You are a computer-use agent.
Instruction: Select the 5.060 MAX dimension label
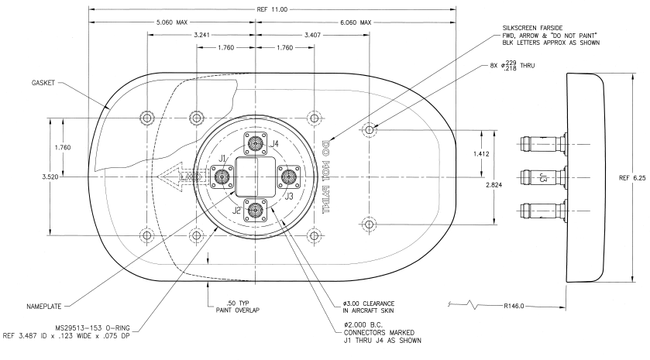coord(172,22)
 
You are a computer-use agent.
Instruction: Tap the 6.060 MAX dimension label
coord(356,22)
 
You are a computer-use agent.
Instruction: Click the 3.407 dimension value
coord(284,35)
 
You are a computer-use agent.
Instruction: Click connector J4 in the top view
coord(255,144)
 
